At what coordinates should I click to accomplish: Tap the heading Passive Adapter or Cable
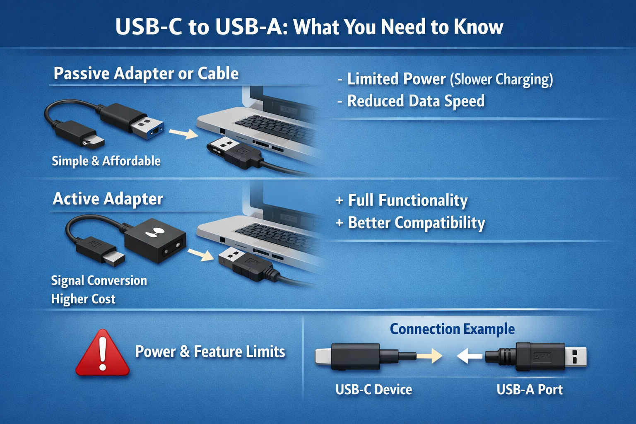[146, 74]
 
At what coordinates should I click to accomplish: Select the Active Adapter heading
[108, 199]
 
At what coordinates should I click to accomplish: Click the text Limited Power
[396, 79]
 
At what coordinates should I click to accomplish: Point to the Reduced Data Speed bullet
[415, 101]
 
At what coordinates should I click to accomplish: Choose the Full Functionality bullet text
[407, 200]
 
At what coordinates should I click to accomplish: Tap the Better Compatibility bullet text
[416, 223]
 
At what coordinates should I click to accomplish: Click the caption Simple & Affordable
[106, 161]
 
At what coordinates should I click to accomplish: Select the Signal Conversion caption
[99, 281]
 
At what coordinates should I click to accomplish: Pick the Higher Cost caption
[83, 299]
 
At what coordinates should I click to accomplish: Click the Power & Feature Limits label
[210, 352]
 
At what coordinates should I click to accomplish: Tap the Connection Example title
[452, 329]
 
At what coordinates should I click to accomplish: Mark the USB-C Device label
[373, 390]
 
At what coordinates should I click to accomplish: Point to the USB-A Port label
[530, 390]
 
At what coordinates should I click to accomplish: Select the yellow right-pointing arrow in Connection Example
[431, 355]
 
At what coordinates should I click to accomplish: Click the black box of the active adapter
[155, 240]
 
